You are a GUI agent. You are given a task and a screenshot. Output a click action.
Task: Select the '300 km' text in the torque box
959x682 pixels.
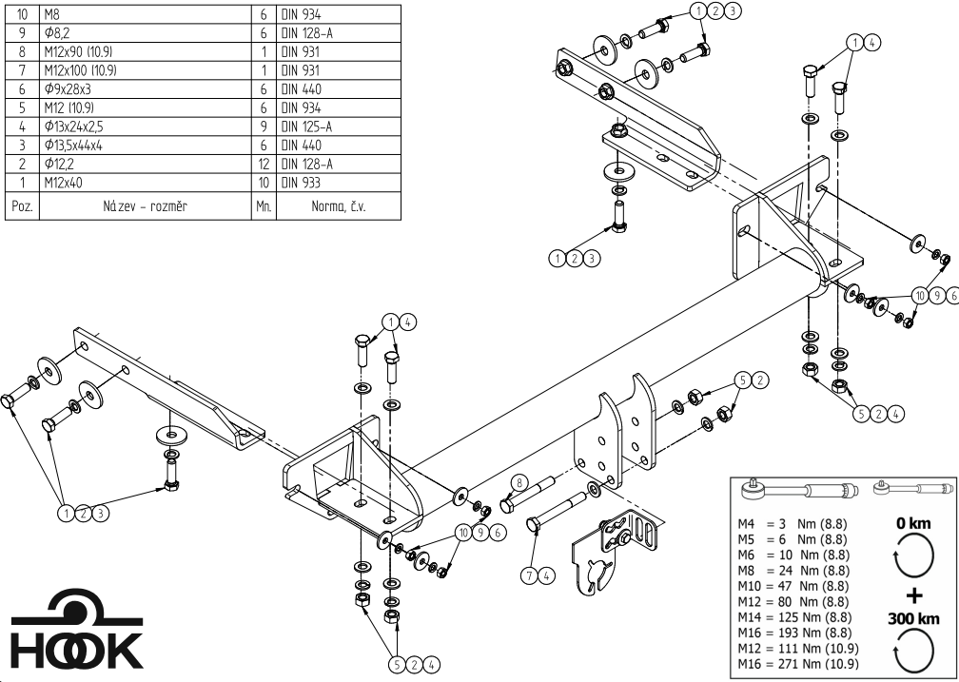(912, 618)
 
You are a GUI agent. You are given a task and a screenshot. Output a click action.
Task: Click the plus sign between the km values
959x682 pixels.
(913, 597)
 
